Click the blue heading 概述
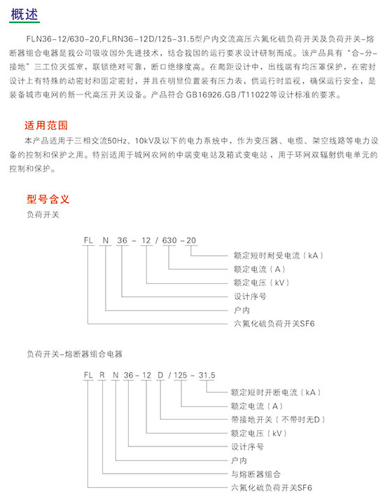point(24,14)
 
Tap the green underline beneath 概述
point(24,22)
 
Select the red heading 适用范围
point(46,125)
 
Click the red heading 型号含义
point(48,199)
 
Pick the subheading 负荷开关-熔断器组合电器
point(74,354)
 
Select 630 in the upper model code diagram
point(169,240)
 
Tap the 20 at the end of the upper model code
point(191,240)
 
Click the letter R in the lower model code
point(102,375)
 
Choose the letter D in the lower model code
point(160,375)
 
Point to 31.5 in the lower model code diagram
point(207,375)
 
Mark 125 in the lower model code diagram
point(181,375)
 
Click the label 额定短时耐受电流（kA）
point(279,255)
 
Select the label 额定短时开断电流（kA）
point(276,392)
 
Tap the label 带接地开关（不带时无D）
point(278,420)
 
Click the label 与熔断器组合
point(255,474)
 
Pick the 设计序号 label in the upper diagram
point(250,296)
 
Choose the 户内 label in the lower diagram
point(239,460)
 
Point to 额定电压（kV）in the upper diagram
point(262,283)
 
